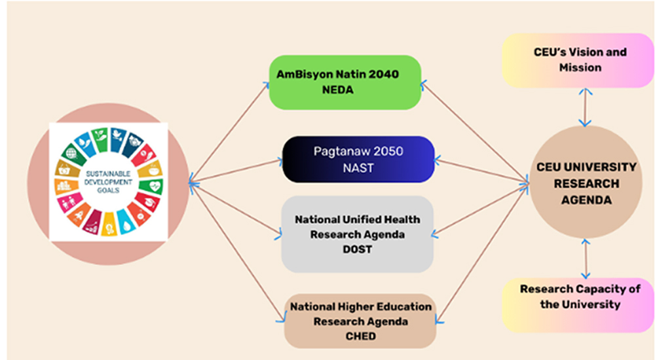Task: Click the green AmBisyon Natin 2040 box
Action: click(x=345, y=82)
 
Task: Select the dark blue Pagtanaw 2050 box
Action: click(x=358, y=159)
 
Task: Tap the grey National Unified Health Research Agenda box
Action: click(x=357, y=234)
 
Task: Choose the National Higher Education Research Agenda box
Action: click(x=360, y=321)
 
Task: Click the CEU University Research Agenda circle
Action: click(x=586, y=183)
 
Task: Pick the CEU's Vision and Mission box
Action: click(x=578, y=60)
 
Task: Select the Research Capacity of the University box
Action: click(x=578, y=305)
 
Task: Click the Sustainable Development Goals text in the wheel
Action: click(x=108, y=182)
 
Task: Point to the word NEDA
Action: click(x=337, y=90)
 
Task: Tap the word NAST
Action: click(x=358, y=168)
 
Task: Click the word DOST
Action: click(x=357, y=249)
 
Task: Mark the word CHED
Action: click(x=360, y=336)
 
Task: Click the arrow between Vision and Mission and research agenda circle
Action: click(x=585, y=107)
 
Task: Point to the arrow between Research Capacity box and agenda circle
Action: click(x=586, y=259)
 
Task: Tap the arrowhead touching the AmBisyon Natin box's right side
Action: click(x=424, y=85)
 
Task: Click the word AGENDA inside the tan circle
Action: click(x=586, y=200)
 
